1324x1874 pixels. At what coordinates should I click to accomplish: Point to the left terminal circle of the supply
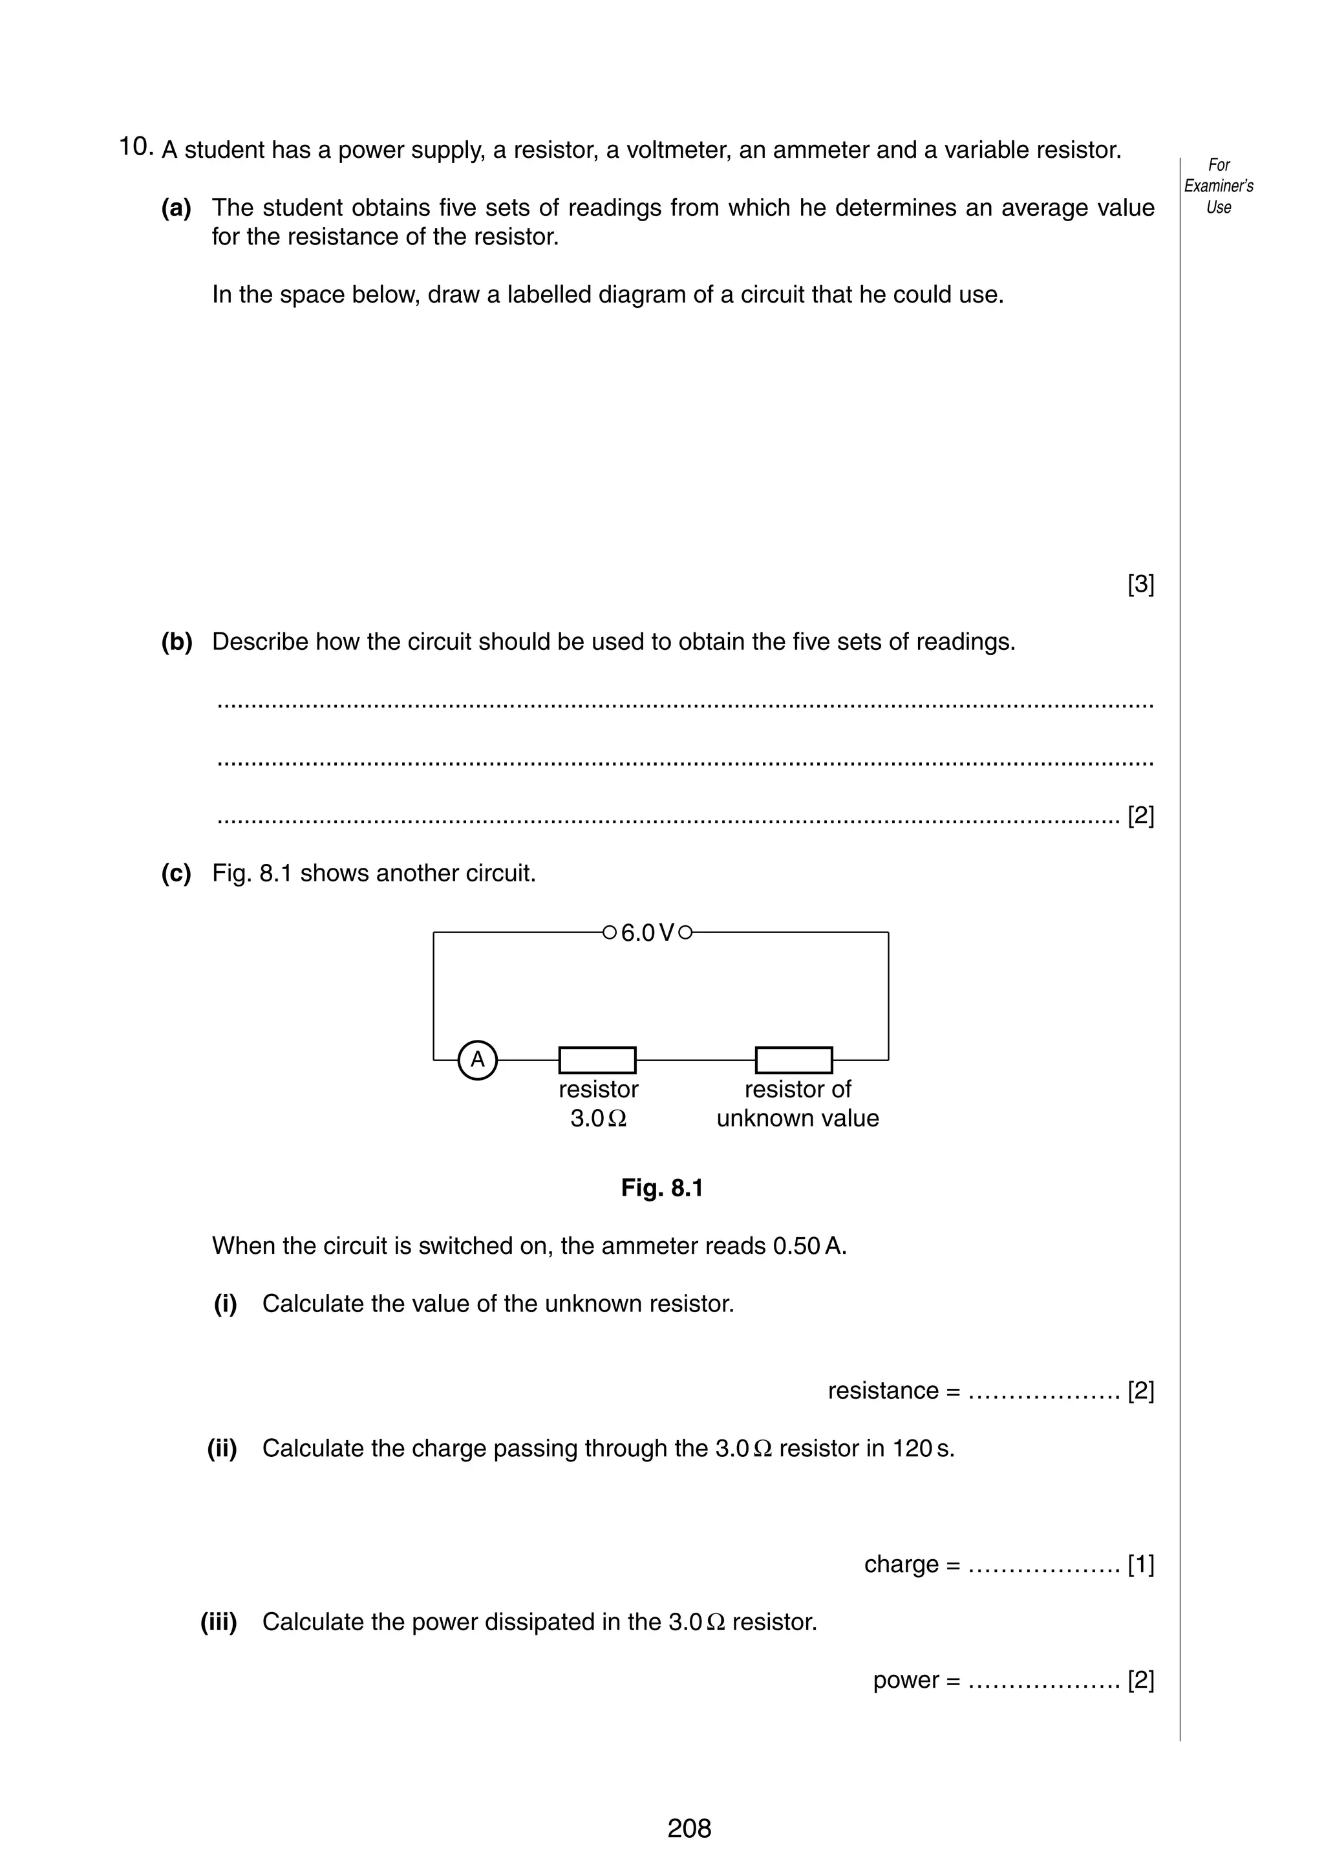pos(608,932)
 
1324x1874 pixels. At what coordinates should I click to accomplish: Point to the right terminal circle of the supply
pos(685,932)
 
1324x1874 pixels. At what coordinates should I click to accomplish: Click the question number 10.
pos(135,147)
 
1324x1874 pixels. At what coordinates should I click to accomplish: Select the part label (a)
pos(176,208)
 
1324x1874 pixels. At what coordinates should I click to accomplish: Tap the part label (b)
pos(176,642)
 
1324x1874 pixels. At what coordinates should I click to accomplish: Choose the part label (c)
pos(176,874)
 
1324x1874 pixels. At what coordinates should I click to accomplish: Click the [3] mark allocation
pos(1140,585)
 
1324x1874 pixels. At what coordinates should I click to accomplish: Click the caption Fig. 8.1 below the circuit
pos(661,1187)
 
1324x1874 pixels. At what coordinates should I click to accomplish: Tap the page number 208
pos(689,1828)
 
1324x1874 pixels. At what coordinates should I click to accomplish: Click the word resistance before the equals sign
pos(882,1391)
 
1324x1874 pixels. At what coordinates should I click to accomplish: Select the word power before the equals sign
pos(906,1680)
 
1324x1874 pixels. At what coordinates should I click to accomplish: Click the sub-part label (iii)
pos(219,1622)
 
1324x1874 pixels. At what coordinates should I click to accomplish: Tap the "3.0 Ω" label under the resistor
pos(598,1118)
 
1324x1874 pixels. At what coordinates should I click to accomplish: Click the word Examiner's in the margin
pos(1218,186)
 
